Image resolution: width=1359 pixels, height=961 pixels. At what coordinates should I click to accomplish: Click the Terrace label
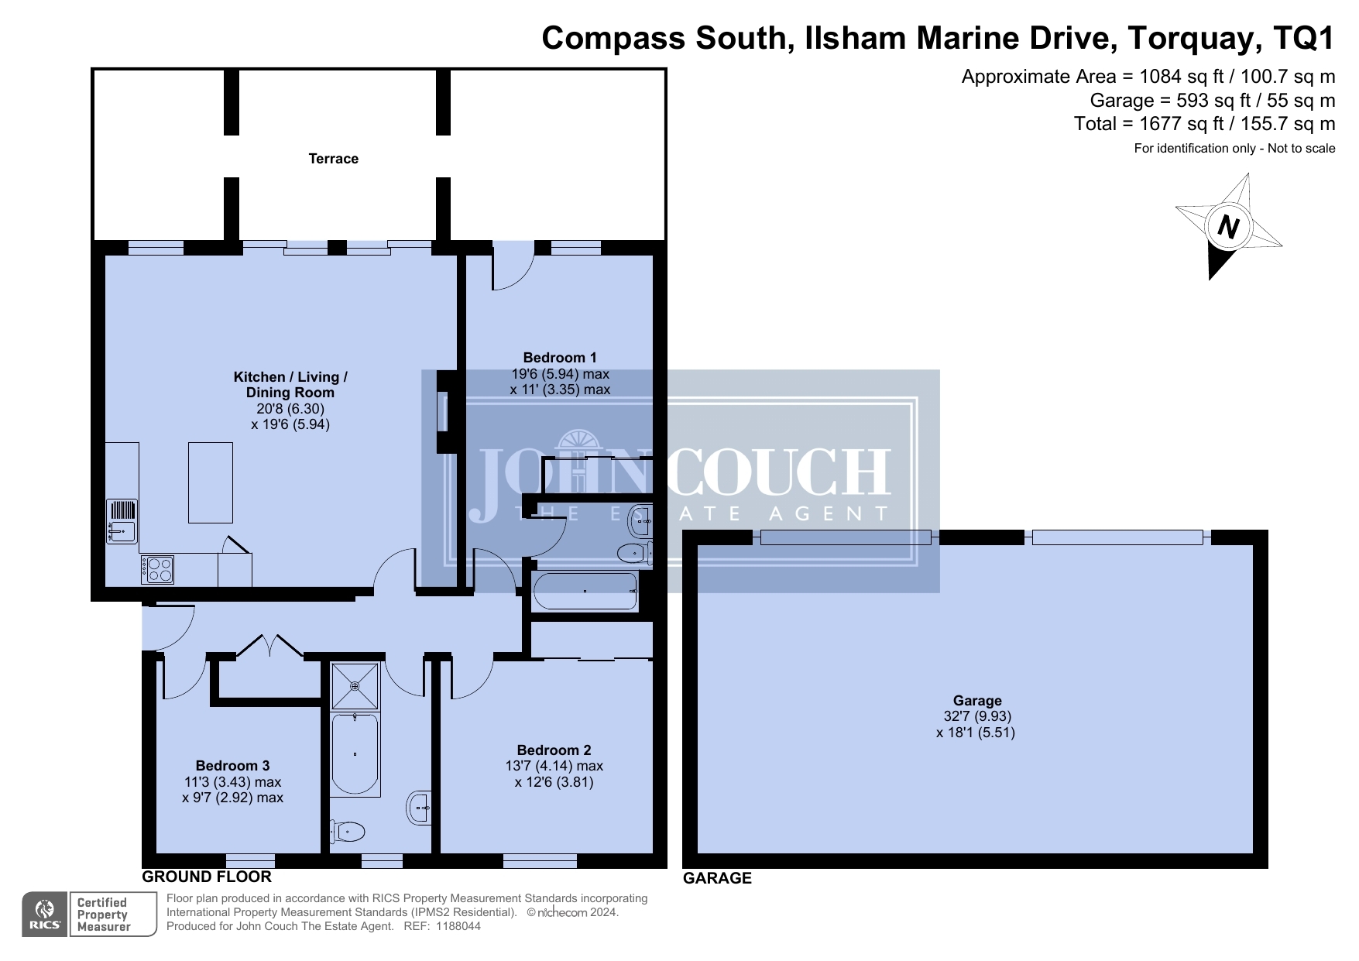(333, 159)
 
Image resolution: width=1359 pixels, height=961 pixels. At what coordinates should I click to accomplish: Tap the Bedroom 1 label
(560, 358)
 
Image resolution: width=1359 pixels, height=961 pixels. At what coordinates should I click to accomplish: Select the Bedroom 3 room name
(232, 766)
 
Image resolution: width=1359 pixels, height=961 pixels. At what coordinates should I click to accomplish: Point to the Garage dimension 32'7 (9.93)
(977, 716)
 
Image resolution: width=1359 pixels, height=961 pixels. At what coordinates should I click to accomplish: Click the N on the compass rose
(1228, 227)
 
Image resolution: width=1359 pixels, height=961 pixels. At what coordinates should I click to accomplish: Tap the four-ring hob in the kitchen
(157, 570)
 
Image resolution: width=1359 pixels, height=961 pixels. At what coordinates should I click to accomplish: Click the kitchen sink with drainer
(122, 521)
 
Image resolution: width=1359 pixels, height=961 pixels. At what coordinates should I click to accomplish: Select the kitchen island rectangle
(211, 482)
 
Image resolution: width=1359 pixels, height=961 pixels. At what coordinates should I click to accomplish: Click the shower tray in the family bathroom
(355, 686)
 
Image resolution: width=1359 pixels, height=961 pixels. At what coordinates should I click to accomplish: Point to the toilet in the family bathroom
(346, 832)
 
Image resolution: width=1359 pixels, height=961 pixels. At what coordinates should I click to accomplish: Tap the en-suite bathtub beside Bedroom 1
(585, 592)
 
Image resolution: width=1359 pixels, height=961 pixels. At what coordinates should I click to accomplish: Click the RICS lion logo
(45, 915)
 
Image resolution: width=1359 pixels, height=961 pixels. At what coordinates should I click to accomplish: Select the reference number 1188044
(458, 926)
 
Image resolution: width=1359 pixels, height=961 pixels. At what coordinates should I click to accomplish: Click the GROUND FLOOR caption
(207, 877)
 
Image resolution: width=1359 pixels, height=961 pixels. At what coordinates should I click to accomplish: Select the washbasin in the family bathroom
(419, 808)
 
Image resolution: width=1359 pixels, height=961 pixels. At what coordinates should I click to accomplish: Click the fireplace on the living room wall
(448, 411)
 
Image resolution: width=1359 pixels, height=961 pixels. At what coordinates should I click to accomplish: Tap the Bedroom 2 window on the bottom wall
(540, 860)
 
